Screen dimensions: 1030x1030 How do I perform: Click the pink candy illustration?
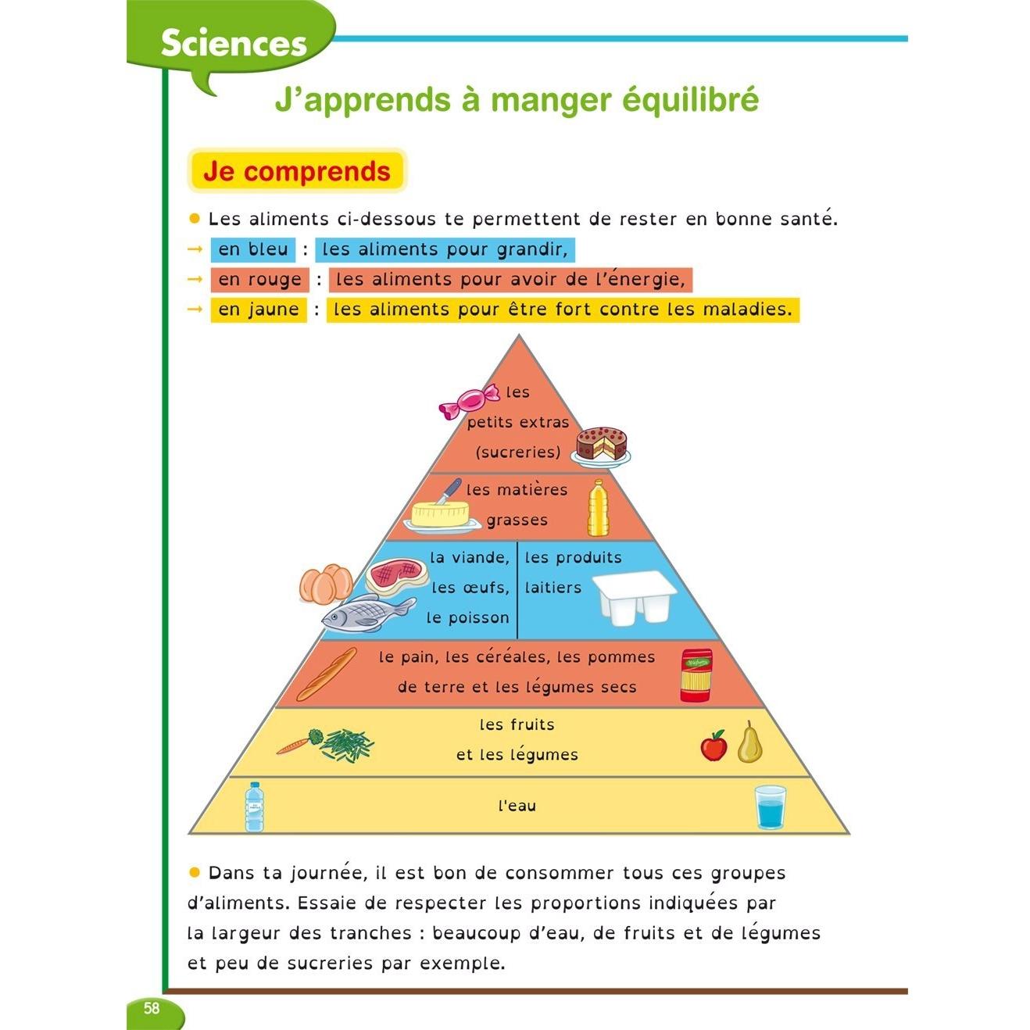(469, 400)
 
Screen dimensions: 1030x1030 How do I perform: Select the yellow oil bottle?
(598, 508)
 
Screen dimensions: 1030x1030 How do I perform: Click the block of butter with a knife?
(442, 510)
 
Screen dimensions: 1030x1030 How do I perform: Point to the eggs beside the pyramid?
(326, 584)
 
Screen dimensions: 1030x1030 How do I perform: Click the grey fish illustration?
(368, 612)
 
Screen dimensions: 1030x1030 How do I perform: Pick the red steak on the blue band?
(397, 574)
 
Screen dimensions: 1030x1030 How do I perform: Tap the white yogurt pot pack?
(635, 598)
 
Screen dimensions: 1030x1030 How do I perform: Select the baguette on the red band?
(327, 674)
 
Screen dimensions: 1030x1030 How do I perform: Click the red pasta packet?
(696, 675)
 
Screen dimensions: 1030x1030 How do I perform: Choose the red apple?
(713, 746)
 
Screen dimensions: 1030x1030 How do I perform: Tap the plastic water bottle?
(255, 807)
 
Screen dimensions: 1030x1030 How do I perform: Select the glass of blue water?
(771, 807)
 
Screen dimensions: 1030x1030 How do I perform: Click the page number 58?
(152, 1008)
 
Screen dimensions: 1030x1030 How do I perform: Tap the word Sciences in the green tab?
(234, 43)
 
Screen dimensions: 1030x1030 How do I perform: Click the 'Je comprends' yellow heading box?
(297, 171)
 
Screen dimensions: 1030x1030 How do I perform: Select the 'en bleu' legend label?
(253, 249)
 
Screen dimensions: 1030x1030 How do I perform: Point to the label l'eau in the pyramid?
(517, 806)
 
